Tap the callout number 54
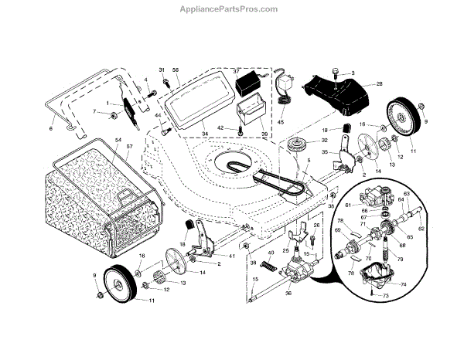click(118, 140)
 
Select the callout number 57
click(129, 146)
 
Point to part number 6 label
click(51, 129)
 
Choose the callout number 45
click(281, 121)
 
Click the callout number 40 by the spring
click(270, 253)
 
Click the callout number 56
click(176, 70)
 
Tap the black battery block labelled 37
click(249, 80)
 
